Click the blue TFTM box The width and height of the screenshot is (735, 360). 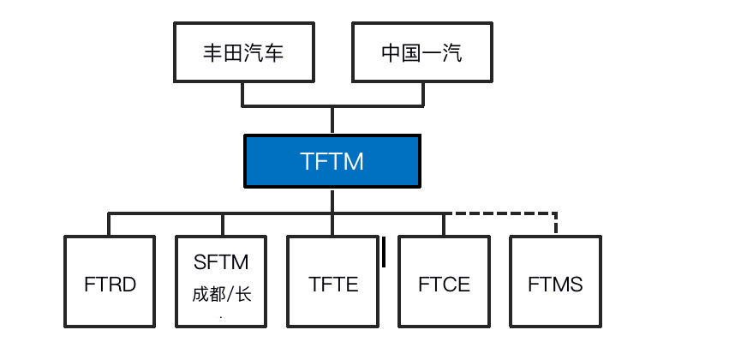tap(332, 161)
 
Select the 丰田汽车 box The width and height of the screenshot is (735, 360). tap(244, 52)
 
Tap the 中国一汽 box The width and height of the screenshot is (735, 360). tap(421, 52)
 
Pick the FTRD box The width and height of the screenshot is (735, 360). tap(110, 281)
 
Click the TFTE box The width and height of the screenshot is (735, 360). tap(333, 281)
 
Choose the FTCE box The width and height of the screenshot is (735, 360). tap(444, 281)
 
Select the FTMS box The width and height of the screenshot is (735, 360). tap(555, 281)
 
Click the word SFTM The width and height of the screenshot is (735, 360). tap(221, 262)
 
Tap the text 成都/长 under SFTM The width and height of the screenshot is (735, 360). tap(222, 294)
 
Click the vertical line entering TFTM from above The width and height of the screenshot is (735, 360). tap(332, 121)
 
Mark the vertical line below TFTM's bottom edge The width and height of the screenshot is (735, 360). tap(332, 201)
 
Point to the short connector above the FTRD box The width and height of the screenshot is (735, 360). tap(109, 225)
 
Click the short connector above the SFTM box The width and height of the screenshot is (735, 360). tap(222, 225)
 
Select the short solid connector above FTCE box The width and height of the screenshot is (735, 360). tap(444, 225)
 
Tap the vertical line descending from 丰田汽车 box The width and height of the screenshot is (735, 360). tap(242, 94)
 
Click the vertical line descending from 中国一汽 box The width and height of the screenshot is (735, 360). tap(423, 94)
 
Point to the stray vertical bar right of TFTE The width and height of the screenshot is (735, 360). tap(384, 252)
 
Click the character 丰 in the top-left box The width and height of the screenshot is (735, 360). tap(212, 52)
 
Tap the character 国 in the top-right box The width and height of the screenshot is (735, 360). tap(411, 52)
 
